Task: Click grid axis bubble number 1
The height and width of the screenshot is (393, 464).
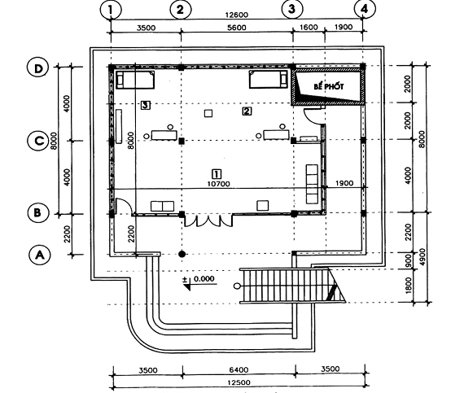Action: (111, 10)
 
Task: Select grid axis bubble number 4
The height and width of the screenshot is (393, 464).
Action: (365, 9)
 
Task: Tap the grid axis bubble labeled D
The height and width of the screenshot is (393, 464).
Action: (38, 68)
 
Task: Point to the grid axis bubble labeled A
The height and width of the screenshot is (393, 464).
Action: (40, 255)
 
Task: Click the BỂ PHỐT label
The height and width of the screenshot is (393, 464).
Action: (329, 86)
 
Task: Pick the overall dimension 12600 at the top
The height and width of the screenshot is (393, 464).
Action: (236, 15)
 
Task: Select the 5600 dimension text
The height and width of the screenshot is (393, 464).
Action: (236, 28)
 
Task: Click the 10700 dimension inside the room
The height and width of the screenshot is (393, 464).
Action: (218, 184)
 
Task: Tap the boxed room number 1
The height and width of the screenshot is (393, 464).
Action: (217, 173)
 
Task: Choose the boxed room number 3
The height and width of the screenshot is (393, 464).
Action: (145, 105)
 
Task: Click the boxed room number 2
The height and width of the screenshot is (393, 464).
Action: (247, 111)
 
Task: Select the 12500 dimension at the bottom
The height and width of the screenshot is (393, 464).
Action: (239, 382)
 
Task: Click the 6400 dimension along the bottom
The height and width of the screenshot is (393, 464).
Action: (239, 370)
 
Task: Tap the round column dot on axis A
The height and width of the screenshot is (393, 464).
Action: (182, 254)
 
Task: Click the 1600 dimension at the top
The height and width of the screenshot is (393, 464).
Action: (309, 27)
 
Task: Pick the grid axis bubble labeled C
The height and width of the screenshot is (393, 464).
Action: (38, 141)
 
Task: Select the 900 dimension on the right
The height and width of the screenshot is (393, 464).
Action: (408, 260)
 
